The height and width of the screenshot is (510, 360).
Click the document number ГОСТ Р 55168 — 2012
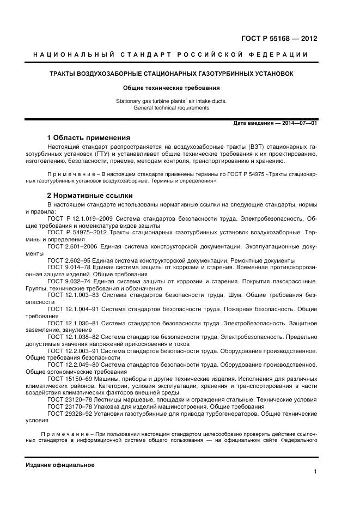pos(278,38)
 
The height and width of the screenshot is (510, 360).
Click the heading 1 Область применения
pos(89,137)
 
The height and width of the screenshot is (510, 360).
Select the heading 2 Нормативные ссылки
pos(90,195)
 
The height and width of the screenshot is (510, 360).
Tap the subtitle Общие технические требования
pos(171,87)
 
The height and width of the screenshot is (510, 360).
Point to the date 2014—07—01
pos(296,124)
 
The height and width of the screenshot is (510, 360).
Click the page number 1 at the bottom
pos(315,471)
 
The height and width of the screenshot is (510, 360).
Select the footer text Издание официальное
pos(60,465)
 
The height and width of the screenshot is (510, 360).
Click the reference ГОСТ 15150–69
pos(68,379)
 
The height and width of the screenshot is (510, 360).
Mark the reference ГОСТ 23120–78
pos(68,399)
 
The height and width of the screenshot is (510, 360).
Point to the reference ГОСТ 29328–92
pos(68,414)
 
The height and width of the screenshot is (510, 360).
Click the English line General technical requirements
pos(171,108)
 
